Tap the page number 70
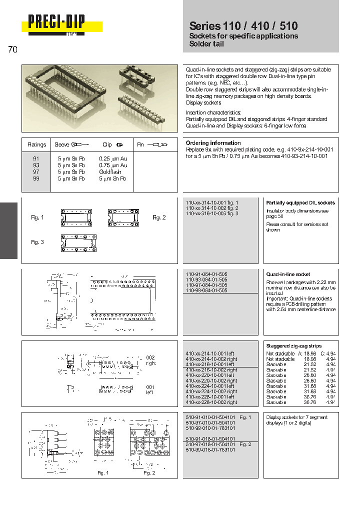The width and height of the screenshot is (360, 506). (13, 49)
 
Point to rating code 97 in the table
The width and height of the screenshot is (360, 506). (36, 172)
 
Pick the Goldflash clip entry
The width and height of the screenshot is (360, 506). (110, 172)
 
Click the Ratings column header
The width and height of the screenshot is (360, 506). (36, 145)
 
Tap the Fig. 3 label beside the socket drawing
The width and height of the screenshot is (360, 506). (37, 242)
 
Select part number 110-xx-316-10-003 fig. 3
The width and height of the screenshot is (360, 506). (212, 213)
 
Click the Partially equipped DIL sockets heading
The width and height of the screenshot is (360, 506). (300, 202)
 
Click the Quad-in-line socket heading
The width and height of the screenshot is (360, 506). (288, 274)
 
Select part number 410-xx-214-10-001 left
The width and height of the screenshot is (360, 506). (209, 353)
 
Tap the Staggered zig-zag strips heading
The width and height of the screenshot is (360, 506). (293, 346)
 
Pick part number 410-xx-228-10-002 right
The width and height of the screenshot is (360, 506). (211, 402)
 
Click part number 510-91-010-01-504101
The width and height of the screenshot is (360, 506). (209, 417)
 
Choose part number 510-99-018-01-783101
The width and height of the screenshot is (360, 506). (209, 449)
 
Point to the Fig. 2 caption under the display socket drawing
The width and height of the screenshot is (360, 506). (149, 472)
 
